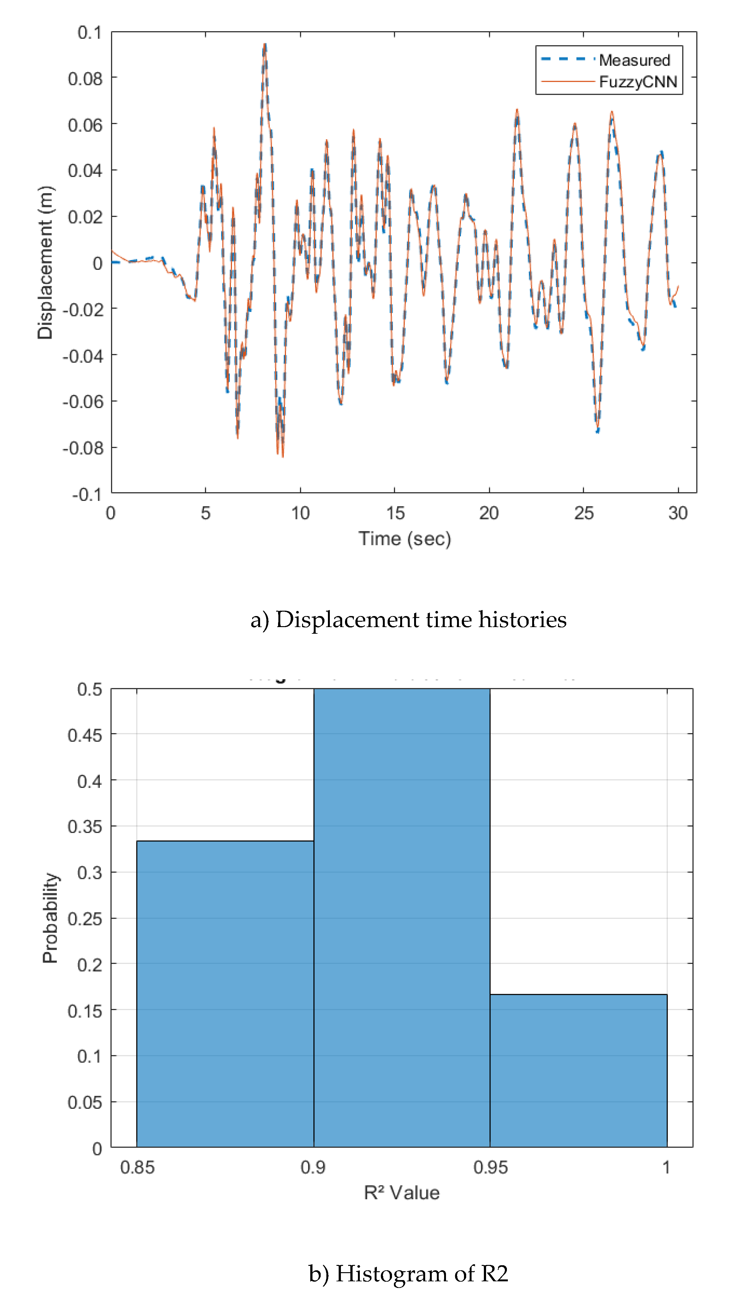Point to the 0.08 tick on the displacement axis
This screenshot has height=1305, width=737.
pos(85,79)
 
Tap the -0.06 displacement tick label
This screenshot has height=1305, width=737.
pos(83,402)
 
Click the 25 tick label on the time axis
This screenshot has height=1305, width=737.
pos(584,513)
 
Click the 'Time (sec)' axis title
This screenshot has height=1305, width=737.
pos(404,538)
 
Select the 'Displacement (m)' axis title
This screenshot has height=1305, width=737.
pos(45,262)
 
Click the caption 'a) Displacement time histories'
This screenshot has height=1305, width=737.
pos(408,620)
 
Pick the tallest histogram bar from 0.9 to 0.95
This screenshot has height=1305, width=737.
pos(402,917)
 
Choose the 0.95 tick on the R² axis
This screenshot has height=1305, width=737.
pos(490,1167)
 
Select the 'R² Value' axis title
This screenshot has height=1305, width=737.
pos(402,1193)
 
